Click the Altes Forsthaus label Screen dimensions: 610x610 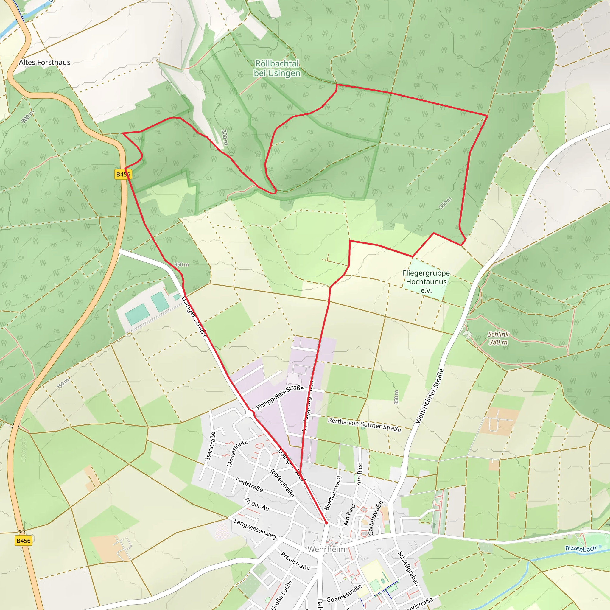(x=44, y=62)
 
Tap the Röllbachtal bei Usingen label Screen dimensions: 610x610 (x=277, y=68)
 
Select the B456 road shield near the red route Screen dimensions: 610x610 (x=123, y=174)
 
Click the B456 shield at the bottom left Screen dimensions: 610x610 (x=23, y=541)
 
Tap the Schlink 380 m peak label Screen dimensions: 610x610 (x=498, y=338)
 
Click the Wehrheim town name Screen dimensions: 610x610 (x=326, y=549)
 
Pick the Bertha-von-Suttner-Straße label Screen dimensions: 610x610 (x=364, y=425)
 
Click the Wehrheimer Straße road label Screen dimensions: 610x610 (x=430, y=396)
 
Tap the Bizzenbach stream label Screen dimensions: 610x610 (x=581, y=548)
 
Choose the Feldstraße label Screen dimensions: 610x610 (x=249, y=485)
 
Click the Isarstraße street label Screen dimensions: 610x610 (x=210, y=446)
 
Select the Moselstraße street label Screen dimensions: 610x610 (x=237, y=453)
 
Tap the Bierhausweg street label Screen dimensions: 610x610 (x=333, y=493)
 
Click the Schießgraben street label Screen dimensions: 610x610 (x=408, y=569)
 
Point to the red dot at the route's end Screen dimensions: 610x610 (x=326, y=523)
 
